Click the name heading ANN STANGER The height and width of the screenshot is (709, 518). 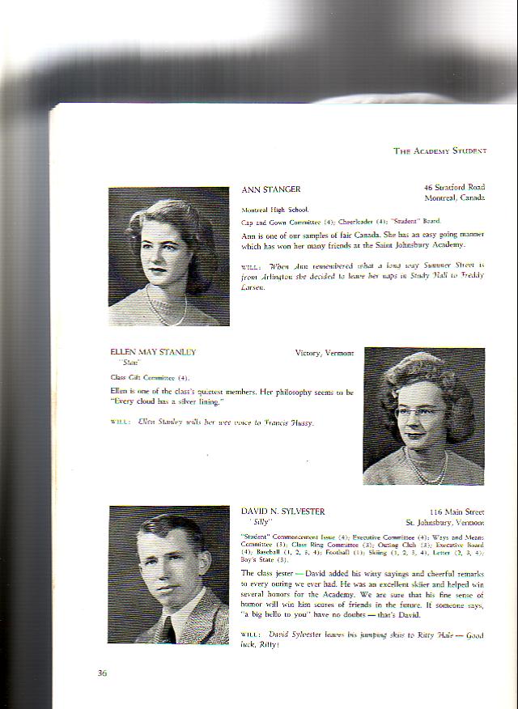271,189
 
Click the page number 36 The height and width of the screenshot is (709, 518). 102,673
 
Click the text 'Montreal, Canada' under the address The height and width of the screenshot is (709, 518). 454,197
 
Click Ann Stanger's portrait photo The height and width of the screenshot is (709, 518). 168,257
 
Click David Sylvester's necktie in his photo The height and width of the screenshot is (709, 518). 169,627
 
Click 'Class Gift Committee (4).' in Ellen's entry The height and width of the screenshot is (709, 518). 150,378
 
